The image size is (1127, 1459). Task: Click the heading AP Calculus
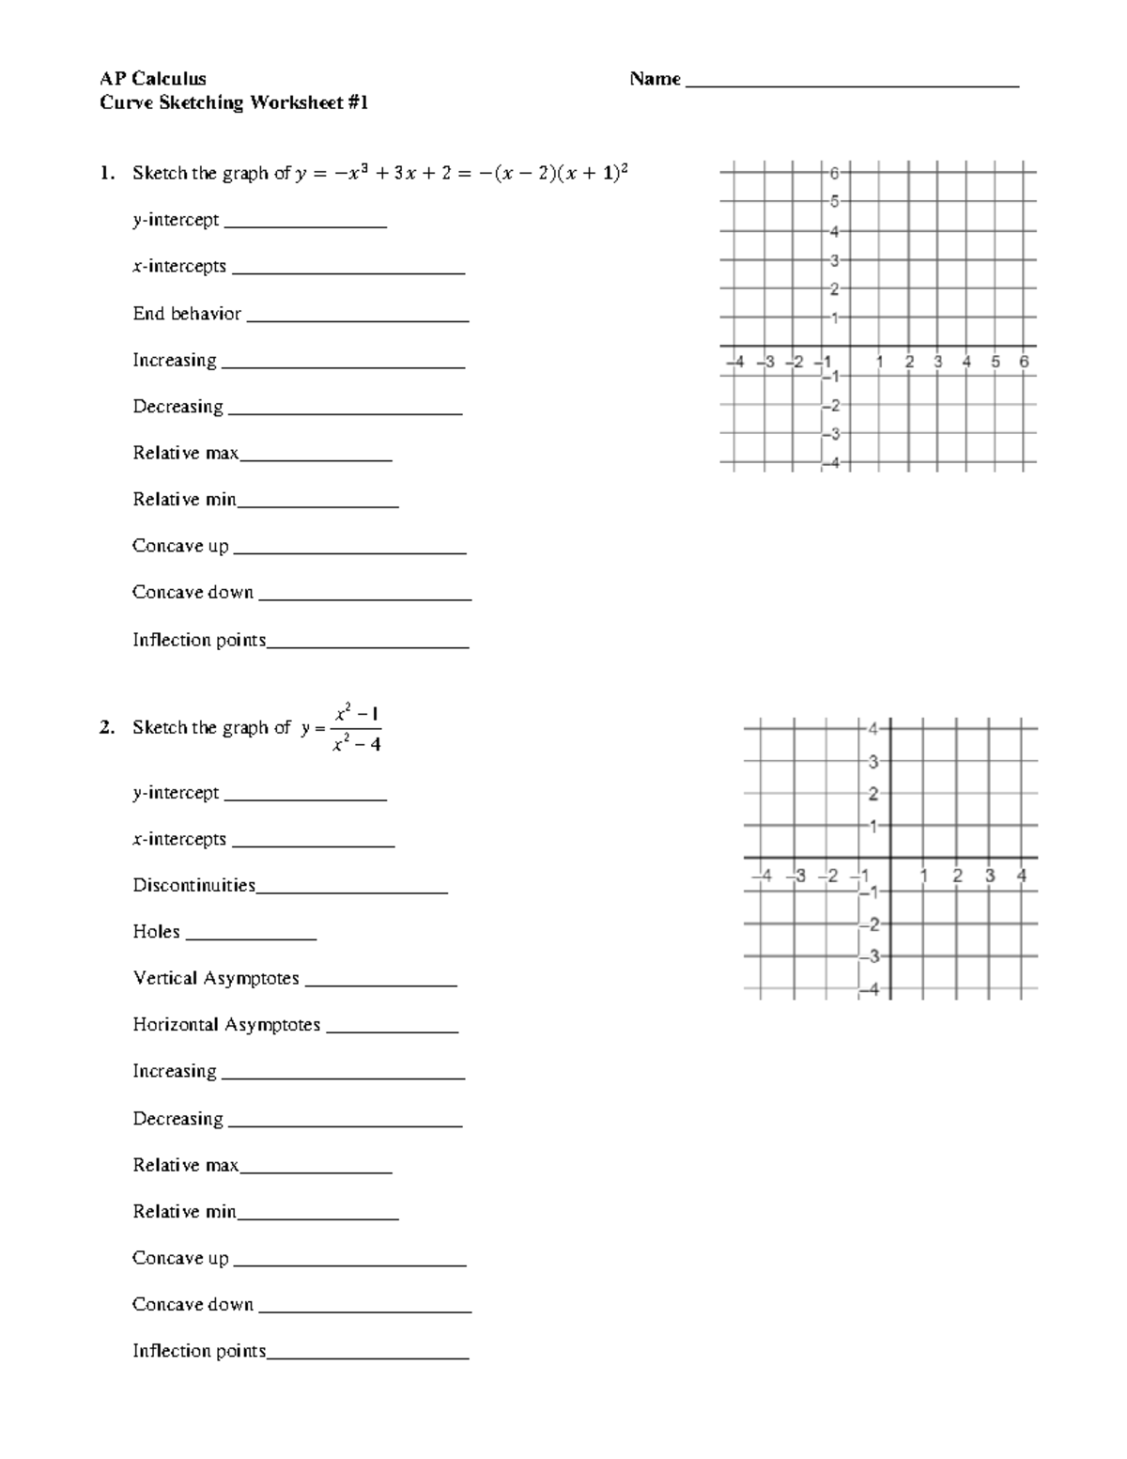[x=153, y=79]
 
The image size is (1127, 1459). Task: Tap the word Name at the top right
[x=655, y=79]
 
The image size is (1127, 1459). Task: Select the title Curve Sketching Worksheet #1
[x=234, y=102]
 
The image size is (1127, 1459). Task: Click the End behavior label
[x=187, y=314]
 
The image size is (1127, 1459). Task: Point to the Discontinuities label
[x=193, y=885]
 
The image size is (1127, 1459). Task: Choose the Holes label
[x=156, y=932]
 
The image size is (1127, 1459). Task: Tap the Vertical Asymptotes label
[x=216, y=979]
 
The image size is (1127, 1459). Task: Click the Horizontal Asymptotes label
[x=226, y=1025]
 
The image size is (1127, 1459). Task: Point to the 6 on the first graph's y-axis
[x=835, y=173]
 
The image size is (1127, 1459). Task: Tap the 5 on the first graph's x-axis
[x=996, y=362]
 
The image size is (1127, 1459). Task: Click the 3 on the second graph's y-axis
[x=873, y=761]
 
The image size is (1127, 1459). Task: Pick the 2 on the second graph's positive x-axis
[x=957, y=876]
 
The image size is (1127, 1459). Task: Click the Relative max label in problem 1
[x=185, y=454]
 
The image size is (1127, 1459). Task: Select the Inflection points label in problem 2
[x=199, y=1351]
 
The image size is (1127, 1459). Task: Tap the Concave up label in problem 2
[x=180, y=1258]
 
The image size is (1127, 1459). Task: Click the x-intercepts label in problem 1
[x=179, y=267]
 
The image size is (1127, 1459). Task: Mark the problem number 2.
[x=107, y=728]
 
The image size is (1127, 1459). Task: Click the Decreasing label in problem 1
[x=178, y=407]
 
